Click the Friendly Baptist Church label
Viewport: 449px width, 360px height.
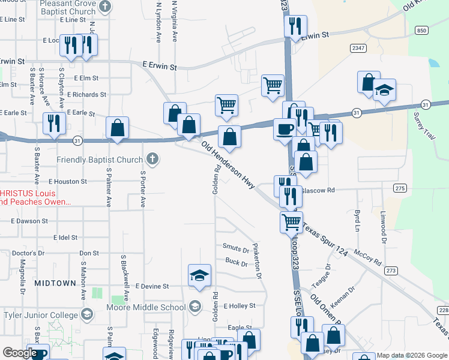click(x=100, y=160)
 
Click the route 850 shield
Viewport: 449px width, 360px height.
click(x=422, y=30)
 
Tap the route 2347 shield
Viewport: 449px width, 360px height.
click(x=359, y=48)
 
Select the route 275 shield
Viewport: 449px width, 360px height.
click(x=400, y=188)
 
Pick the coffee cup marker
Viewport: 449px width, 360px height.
click(x=285, y=128)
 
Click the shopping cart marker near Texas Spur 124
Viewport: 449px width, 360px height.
click(x=291, y=221)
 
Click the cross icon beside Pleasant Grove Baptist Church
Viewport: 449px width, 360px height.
click(x=106, y=7)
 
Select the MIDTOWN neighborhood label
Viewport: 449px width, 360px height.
click(x=55, y=283)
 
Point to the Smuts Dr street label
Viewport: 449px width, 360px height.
click(x=235, y=248)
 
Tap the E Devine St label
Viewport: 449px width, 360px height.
click(x=152, y=287)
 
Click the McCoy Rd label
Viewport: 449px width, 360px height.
click(x=368, y=258)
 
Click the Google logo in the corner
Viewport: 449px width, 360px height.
click(x=20, y=353)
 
